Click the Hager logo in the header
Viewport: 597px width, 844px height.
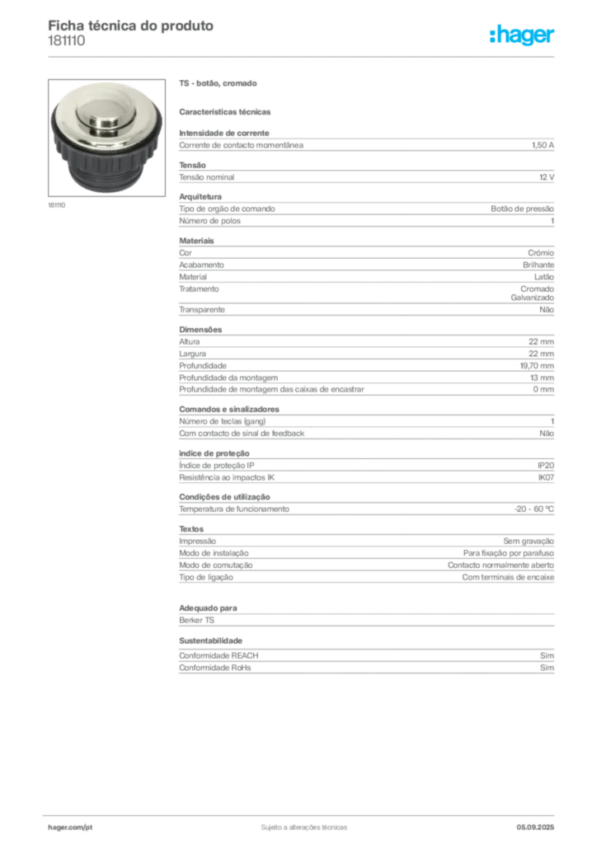[522, 35]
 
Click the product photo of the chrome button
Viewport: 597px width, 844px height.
[106, 138]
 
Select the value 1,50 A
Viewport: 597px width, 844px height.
[543, 145]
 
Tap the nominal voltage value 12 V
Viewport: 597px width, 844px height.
[547, 177]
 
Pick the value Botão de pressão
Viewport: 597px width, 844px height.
[522, 209]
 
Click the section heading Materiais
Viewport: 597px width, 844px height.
[196, 241]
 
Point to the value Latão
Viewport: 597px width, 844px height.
[544, 277]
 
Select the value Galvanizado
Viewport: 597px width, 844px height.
[533, 298]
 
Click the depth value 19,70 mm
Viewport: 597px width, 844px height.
[537, 365]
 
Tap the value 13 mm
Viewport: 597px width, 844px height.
[542, 377]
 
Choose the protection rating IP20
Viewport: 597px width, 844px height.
[546, 466]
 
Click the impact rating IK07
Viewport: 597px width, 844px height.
[546, 477]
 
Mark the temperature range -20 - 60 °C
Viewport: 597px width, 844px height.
[534, 509]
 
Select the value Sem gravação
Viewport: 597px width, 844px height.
[529, 541]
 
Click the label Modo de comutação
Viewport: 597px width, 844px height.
[216, 565]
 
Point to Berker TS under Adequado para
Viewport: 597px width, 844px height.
[196, 620]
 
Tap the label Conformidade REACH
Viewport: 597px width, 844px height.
[219, 655]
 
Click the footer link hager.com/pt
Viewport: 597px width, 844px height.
[70, 828]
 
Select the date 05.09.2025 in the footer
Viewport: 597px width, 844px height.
[535, 828]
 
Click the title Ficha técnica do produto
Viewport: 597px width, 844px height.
[131, 26]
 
